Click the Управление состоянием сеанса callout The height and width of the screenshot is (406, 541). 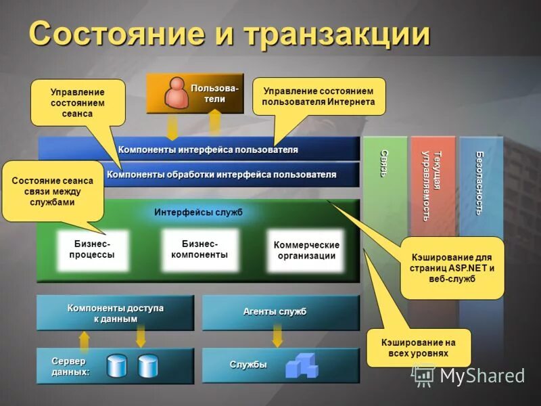78,103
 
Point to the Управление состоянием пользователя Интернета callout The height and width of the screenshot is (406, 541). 318,96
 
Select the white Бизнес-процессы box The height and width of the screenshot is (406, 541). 92,249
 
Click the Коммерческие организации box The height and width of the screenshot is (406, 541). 306,250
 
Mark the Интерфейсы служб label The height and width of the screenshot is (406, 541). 198,212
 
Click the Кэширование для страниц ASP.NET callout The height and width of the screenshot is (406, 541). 452,267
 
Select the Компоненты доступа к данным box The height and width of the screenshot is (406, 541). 115,313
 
